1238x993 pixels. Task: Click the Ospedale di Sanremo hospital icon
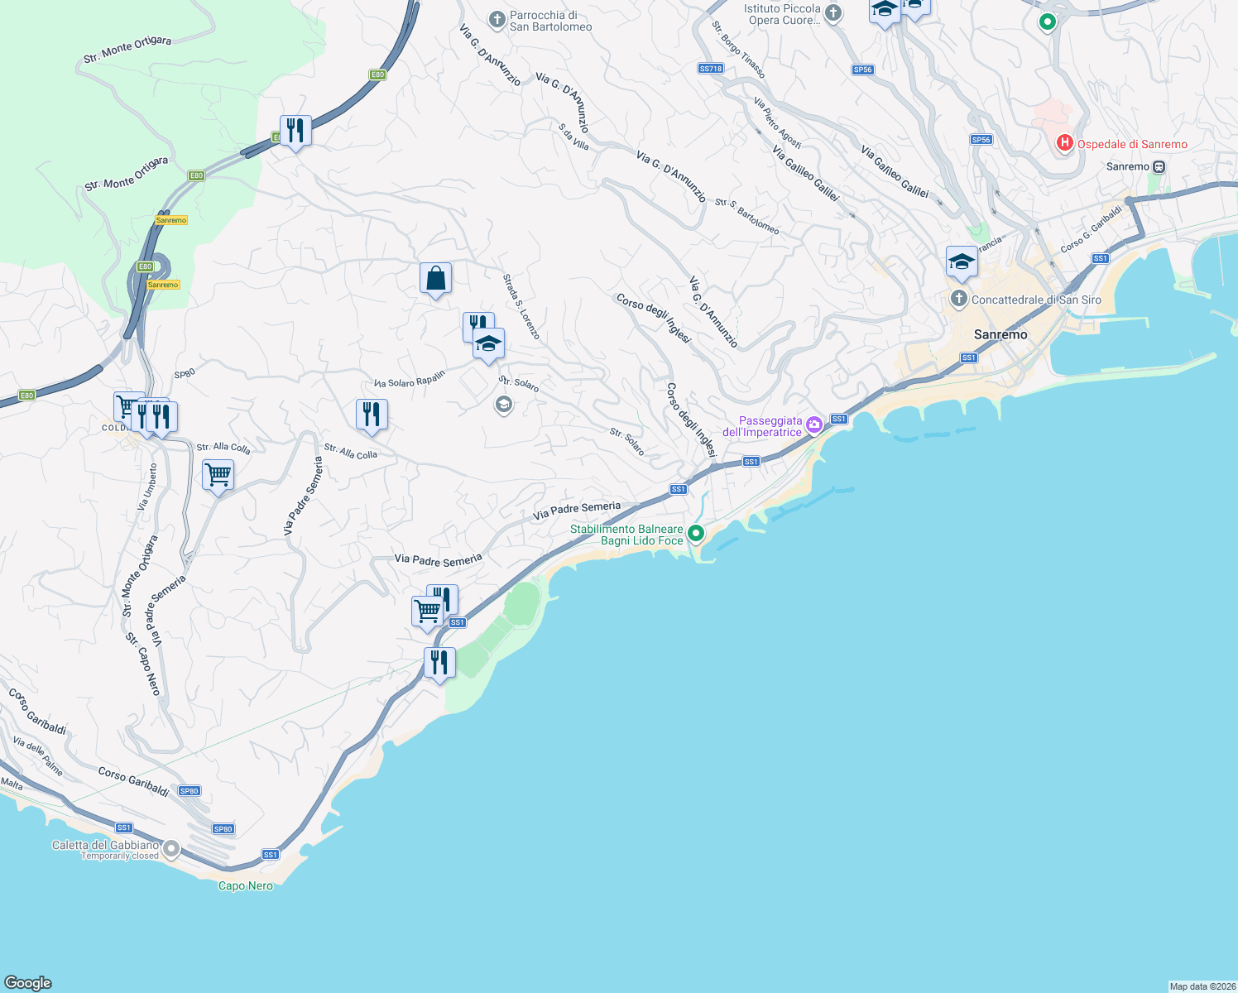tap(1065, 144)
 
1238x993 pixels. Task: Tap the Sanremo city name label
tap(1000, 334)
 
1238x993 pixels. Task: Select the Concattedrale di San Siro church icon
tap(959, 299)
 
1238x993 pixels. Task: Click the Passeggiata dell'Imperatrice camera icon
tap(814, 425)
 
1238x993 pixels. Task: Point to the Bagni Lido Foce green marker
tap(696, 534)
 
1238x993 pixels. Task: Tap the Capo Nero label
tap(245, 885)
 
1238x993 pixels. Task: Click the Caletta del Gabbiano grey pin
tap(171, 849)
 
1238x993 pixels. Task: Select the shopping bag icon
tap(435, 279)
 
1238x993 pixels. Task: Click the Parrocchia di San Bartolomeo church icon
tap(497, 20)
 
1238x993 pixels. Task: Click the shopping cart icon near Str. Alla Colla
tap(218, 475)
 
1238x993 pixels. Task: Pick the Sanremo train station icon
tap(1159, 166)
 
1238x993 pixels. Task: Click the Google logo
tap(28, 983)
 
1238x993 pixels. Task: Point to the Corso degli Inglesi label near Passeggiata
tap(691, 419)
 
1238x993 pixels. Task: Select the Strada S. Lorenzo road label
tap(521, 306)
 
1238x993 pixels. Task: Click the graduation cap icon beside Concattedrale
tap(962, 262)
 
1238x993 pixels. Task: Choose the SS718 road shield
tap(710, 69)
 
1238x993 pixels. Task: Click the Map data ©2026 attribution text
tap(1202, 986)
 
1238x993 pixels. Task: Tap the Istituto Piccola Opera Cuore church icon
tap(833, 13)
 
